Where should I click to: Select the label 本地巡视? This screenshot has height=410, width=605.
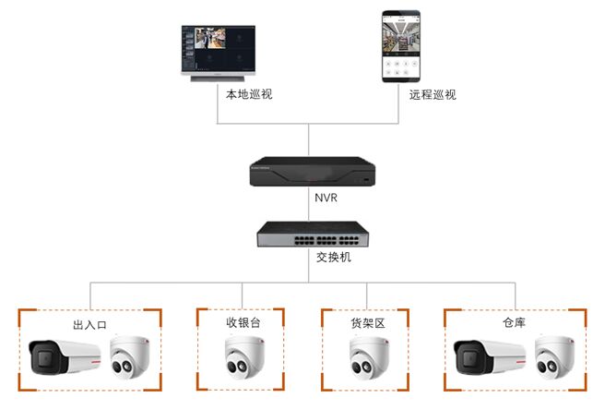click(x=249, y=95)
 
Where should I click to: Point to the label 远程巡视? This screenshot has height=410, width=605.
click(x=433, y=95)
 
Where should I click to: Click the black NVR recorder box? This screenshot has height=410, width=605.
click(x=313, y=172)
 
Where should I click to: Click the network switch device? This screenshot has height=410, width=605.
click(x=313, y=235)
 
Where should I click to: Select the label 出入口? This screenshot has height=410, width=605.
click(x=90, y=325)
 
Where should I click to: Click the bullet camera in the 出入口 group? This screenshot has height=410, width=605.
click(x=65, y=357)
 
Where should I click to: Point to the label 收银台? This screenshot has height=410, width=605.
click(x=244, y=323)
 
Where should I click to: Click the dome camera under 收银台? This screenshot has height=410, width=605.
click(x=243, y=358)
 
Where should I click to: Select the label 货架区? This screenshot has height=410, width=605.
click(x=366, y=323)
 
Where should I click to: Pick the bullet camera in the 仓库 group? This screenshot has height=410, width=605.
click(x=490, y=357)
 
